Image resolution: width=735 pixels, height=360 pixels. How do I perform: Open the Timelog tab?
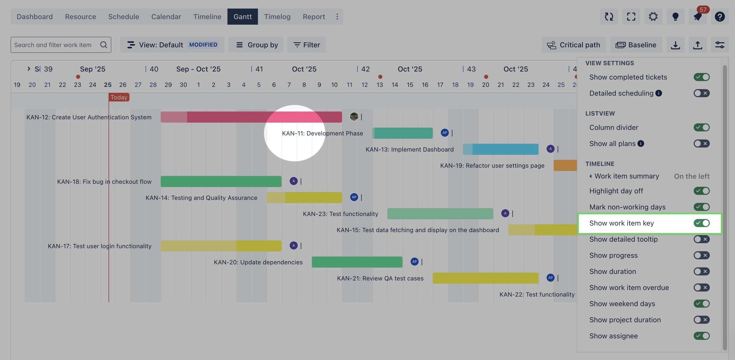277,17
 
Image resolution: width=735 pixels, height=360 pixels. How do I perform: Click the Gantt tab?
243,17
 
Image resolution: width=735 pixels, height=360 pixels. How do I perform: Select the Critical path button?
574,45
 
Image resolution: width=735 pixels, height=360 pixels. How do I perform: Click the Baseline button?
636,45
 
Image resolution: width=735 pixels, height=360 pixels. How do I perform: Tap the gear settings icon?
653,17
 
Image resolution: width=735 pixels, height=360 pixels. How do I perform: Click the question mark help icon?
720,17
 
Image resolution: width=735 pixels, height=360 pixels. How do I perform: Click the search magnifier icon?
104,45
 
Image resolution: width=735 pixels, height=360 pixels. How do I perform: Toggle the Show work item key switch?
701,223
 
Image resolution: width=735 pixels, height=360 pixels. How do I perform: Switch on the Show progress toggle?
701,255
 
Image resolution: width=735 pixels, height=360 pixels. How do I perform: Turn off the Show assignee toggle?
701,336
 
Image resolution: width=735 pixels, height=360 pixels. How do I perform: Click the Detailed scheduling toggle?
701,93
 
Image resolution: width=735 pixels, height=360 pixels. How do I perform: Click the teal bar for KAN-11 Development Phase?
402,133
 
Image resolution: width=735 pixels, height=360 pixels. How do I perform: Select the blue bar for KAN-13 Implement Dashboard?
500,149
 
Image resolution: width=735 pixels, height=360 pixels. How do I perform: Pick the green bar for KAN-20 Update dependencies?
357,262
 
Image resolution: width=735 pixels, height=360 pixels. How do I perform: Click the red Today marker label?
119,97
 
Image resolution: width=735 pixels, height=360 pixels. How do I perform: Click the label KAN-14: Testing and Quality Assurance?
201,198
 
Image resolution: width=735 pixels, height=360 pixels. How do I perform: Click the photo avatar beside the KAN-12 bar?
354,117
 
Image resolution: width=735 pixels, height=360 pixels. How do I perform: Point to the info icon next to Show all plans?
641,143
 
